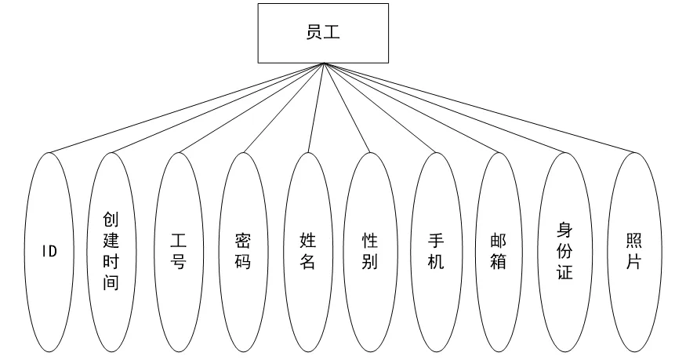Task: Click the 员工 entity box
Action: pyautogui.click(x=322, y=33)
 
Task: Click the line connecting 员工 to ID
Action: pyautogui.click(x=185, y=107)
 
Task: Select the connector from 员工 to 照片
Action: pyautogui.click(x=478, y=107)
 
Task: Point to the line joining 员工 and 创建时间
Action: pyautogui.click(x=216, y=107)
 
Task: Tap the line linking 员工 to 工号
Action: pyautogui.click(x=250, y=107)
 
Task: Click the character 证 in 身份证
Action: pyautogui.click(x=564, y=272)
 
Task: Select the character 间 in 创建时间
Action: pyautogui.click(x=111, y=282)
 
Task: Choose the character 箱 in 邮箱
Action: pyautogui.click(x=498, y=261)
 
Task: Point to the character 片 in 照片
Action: pyautogui.click(x=634, y=261)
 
